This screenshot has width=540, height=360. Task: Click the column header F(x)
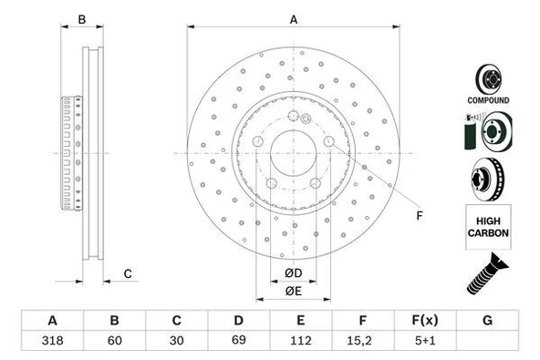tap(424, 321)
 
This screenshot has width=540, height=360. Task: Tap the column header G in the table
tap(487, 321)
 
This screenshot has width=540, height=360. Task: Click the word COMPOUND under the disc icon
tap(489, 99)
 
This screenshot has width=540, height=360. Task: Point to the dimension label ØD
tap(293, 273)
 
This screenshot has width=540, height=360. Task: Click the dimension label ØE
tap(293, 291)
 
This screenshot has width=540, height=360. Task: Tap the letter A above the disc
tap(294, 19)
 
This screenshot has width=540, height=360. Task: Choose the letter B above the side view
tap(81, 19)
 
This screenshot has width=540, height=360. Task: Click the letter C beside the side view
tap(129, 273)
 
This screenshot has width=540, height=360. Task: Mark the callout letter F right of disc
tap(420, 215)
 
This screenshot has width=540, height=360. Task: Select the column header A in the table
tap(52, 321)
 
